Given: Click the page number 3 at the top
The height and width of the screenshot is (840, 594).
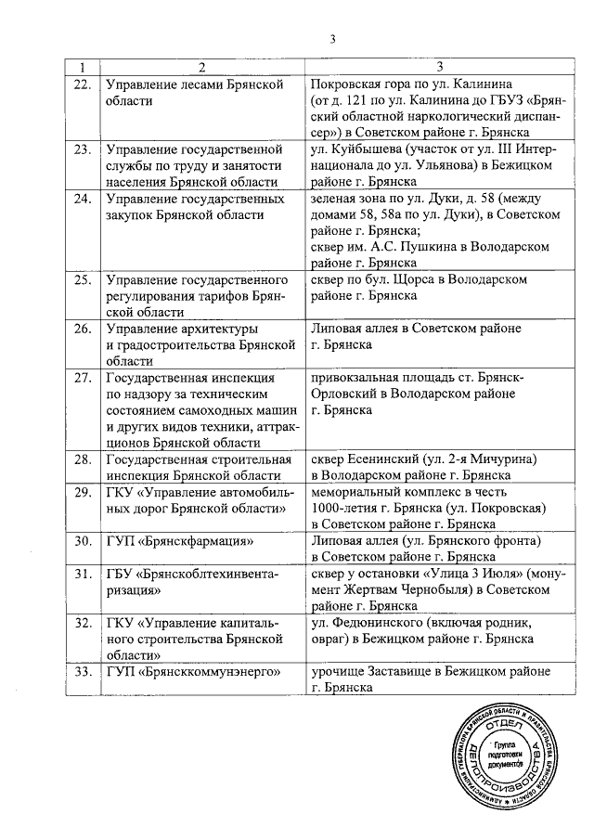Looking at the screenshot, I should tap(331, 38).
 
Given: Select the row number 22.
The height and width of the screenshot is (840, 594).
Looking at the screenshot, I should tap(82, 84).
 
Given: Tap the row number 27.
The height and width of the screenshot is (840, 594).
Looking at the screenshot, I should tap(82, 378).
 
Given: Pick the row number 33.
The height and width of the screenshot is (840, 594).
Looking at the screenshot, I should tap(82, 671).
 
